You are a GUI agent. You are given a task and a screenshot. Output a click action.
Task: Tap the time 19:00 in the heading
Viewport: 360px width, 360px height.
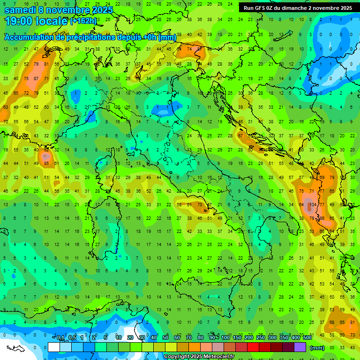coord(19,21)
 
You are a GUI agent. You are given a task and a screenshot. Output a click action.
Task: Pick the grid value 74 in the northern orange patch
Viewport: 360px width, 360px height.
coord(189,49)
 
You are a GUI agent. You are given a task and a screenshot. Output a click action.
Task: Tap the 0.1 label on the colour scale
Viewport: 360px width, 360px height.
coord(60,338)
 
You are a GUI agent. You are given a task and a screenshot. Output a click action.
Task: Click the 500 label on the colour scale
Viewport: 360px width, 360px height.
coord(307,338)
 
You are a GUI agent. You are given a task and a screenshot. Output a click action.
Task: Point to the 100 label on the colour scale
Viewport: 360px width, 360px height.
coord(225,338)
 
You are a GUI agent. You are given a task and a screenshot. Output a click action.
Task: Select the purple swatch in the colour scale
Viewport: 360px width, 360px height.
coord(300,347)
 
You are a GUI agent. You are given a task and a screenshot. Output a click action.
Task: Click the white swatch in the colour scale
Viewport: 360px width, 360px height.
coord(54,347)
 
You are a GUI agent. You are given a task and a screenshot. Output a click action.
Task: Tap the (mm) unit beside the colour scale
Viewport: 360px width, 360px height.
coord(317,348)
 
